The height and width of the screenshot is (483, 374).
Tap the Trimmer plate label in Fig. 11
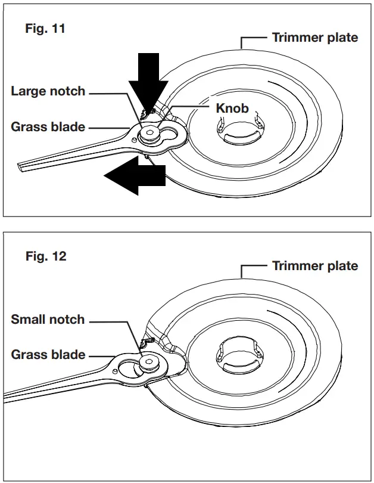(x=315, y=38)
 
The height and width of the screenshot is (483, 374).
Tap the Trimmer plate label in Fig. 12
(x=315, y=266)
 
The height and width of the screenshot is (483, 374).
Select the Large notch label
(x=48, y=91)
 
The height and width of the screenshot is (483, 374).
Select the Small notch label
(x=48, y=320)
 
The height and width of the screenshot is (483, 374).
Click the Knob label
(x=232, y=109)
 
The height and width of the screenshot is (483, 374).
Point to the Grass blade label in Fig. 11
(x=48, y=126)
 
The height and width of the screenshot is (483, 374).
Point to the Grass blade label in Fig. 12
(x=48, y=355)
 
